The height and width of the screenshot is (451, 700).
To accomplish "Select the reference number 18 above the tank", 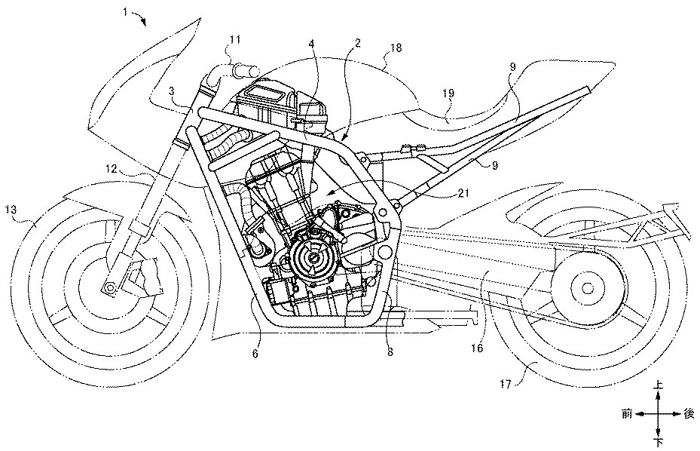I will [396, 48].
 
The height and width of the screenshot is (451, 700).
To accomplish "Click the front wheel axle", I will [110, 287].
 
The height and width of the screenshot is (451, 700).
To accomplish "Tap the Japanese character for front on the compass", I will [627, 413].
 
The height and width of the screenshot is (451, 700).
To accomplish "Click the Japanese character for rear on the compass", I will [688, 413].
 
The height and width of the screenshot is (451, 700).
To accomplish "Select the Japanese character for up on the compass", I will [659, 385].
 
